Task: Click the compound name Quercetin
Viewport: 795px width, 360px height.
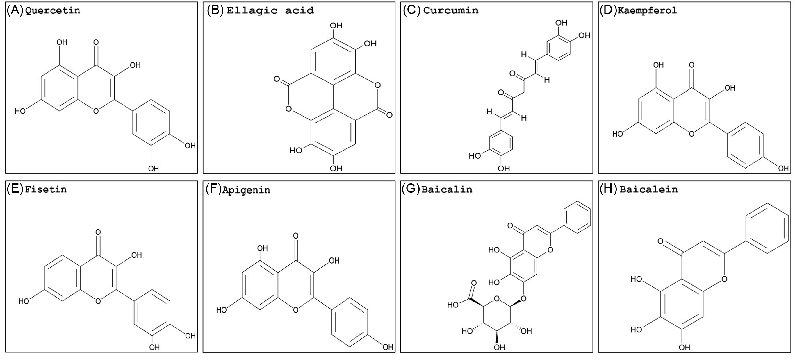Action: click(52, 10)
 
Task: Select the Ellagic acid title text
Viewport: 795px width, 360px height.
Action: click(270, 10)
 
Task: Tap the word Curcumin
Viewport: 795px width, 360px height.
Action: click(451, 10)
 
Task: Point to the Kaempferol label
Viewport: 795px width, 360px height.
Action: click(647, 10)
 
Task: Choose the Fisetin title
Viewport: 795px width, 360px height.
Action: click(46, 189)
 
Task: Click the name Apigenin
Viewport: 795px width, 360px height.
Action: click(246, 190)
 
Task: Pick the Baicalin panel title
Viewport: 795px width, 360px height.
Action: click(447, 189)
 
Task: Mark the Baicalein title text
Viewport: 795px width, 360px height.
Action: click(648, 189)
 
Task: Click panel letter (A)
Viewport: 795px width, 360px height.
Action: click(15, 10)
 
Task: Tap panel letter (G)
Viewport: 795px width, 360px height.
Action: click(411, 189)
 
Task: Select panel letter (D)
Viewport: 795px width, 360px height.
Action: click(608, 10)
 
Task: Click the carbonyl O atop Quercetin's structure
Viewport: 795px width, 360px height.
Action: click(96, 42)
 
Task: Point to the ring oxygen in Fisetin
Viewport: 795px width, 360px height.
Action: click(98, 301)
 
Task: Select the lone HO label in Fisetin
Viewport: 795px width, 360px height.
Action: click(24, 301)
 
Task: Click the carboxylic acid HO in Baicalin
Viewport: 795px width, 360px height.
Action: click(453, 305)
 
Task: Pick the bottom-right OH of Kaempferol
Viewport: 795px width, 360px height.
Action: click(783, 169)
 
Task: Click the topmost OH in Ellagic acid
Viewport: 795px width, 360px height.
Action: click(336, 26)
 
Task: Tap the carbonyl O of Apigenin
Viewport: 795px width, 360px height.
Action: click(296, 236)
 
